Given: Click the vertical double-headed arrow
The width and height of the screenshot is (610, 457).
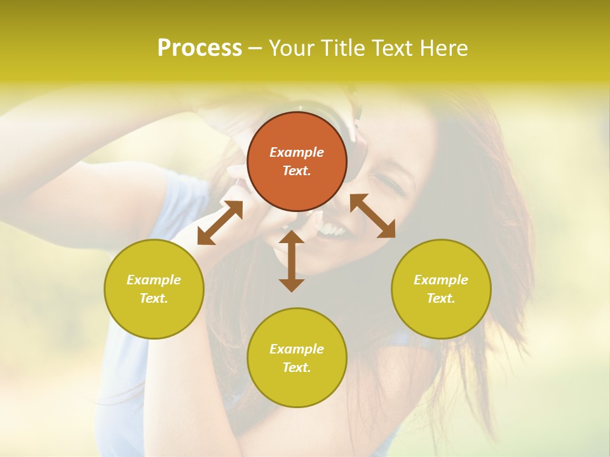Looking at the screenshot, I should tap(292, 261).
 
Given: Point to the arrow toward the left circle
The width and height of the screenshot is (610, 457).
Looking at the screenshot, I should tap(220, 223).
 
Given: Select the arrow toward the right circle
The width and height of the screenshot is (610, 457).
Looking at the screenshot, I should tap(372, 216).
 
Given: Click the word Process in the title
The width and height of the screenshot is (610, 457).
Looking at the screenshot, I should tap(200, 48).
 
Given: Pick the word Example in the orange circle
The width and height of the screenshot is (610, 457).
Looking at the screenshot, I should tap(297, 152).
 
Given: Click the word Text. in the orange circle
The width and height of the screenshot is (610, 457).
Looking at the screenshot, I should tap(297, 171).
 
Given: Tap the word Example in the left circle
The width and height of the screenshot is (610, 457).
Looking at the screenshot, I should tap(154, 280).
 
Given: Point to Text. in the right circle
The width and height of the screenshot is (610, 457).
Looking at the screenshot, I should tap(441, 298).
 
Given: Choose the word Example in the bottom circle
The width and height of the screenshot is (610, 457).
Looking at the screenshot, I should tap(297, 349).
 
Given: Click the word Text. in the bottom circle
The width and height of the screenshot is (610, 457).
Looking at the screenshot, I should tap(297, 368).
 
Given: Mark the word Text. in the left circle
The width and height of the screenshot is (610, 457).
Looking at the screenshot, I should tap(154, 298).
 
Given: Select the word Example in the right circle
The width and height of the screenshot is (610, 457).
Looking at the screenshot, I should tap(441, 280).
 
